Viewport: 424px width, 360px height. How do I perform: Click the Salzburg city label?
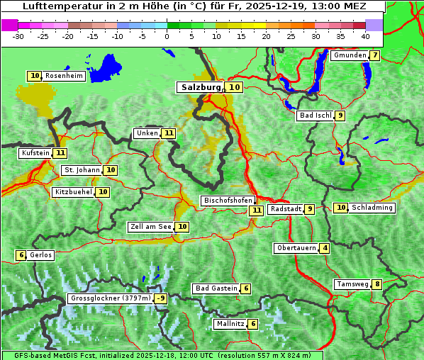pos(201,87)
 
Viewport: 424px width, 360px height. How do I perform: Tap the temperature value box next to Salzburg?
pos(235,87)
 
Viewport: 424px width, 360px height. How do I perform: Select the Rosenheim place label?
pos(64,76)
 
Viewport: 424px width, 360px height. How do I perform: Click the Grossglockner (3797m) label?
pos(111,298)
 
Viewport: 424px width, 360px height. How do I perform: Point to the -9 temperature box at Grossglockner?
pos(161,298)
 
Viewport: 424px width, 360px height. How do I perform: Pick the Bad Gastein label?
pos(216,288)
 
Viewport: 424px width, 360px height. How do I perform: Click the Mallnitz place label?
pos(230,324)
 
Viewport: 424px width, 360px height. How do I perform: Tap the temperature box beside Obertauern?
pos(325,248)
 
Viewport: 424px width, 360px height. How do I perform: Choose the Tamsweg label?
pos(352,284)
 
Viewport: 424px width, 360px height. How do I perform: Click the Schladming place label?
pos(372,208)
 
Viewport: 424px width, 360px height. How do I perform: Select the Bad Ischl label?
pos(315,116)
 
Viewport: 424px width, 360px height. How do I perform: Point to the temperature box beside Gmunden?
pos(374,55)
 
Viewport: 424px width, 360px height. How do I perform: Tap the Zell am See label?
pos(151,227)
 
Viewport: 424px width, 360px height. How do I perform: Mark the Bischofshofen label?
pos(228,201)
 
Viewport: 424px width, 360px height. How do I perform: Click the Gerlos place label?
pos(41,255)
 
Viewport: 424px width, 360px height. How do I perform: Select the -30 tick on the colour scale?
pos(18,36)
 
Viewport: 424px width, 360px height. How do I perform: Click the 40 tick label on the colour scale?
pos(365,36)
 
